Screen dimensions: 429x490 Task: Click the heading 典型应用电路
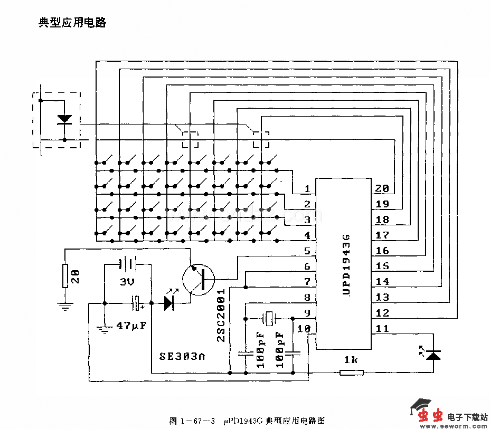(73, 23)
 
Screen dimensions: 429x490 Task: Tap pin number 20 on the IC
(381, 189)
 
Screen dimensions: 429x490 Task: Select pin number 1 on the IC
(307, 189)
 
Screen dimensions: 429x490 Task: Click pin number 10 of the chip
(304, 329)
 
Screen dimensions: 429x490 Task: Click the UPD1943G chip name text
(346, 264)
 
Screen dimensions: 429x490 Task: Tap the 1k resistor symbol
(351, 373)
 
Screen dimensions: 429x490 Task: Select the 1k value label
(351, 360)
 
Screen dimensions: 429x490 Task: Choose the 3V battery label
(127, 282)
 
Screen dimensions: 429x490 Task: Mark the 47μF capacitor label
(131, 326)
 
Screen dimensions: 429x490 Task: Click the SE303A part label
(182, 356)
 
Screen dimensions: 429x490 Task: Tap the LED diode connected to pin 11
(434, 355)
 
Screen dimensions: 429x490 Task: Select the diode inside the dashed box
(64, 119)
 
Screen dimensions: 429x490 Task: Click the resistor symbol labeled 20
(65, 276)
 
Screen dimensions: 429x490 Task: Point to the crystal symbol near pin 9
(269, 318)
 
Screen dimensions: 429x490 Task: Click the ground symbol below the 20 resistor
(65, 306)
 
